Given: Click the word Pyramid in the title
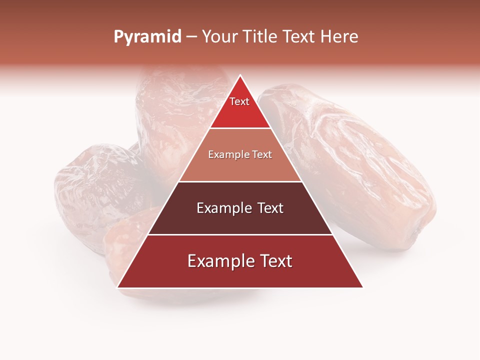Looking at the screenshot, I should pyautogui.click(x=147, y=37).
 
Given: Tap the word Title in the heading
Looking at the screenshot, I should pyautogui.click(x=261, y=37).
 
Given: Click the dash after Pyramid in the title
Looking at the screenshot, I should pyautogui.click(x=191, y=37).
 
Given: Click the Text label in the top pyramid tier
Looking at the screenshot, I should pyautogui.click(x=239, y=101).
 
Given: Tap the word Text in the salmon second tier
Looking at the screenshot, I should pyautogui.click(x=262, y=155).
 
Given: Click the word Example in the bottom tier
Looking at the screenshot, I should pyautogui.click(x=216, y=261).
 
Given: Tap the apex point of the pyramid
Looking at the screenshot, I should pyautogui.click(x=240, y=76).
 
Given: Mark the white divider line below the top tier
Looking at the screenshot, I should pyautogui.click(x=240, y=128).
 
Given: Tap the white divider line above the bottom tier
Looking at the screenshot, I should pyautogui.click(x=240, y=234).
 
